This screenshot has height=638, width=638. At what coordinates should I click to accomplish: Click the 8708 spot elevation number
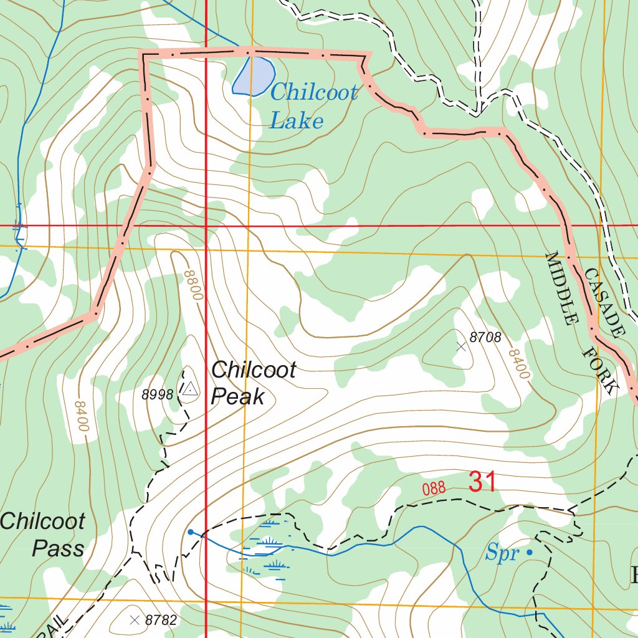pos(485,338)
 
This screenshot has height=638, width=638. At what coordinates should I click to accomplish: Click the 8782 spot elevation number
pos(161,620)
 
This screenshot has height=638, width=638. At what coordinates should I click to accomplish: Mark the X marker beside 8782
pos(135,619)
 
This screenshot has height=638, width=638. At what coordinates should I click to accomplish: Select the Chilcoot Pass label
pos(44,535)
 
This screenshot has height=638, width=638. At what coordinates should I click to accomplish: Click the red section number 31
pos(482,482)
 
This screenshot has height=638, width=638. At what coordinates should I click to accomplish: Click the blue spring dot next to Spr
pos(530,552)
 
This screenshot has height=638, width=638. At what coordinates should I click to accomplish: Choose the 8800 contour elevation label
pos(194,285)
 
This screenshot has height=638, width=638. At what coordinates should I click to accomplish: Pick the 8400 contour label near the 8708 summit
pos(518,365)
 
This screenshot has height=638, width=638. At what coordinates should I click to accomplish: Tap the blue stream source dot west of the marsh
pos(191,532)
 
